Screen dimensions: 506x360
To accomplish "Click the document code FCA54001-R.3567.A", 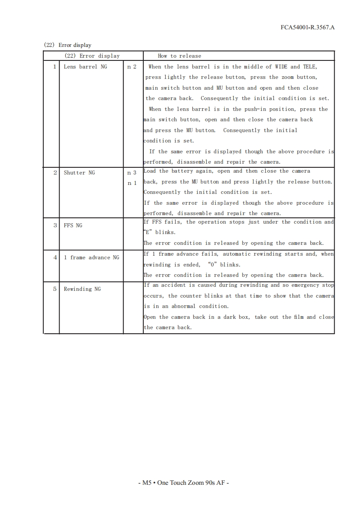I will coord(307,28).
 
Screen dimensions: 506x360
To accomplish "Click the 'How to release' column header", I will coord(179,56).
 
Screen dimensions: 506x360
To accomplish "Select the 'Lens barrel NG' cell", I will coord(85,67).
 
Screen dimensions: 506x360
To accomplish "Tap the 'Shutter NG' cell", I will coord(79,173).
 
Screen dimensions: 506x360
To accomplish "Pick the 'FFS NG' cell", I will coord(73,225).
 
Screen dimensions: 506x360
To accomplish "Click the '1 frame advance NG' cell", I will coord(91,258).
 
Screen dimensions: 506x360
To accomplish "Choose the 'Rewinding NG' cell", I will coord(82,289).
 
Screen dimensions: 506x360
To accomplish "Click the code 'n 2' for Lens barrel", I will coord(132,67).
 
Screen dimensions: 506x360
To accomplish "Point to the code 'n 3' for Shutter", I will coord(132,173).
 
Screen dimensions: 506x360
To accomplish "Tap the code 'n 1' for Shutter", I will coord(132,183).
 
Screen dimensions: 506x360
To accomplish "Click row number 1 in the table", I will coord(55,67).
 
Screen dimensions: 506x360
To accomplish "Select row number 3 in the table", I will coord(55,225).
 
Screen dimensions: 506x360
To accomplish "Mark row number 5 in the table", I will coord(55,289).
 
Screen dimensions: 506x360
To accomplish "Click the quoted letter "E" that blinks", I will coord(147,233).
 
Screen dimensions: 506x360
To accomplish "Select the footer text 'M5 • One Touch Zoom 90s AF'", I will coord(183,483).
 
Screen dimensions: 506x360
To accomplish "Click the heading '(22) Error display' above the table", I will coord(68,45).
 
